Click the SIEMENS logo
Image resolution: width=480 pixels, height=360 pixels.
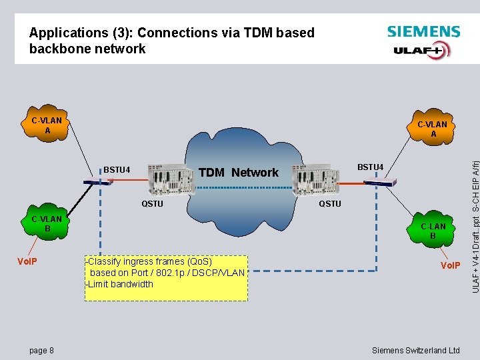click(x=423, y=31)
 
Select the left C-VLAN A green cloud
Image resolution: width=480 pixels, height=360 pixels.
click(x=47, y=126)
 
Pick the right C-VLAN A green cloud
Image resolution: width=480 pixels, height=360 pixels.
click(x=432, y=129)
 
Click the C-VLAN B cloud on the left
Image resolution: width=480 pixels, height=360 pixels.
click(x=47, y=224)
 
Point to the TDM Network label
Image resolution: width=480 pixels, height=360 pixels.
click(x=238, y=173)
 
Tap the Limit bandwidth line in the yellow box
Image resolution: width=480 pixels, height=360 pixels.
click(x=120, y=284)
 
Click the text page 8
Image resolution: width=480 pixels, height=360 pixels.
click(x=41, y=350)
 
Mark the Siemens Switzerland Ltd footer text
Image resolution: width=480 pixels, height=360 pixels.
click(x=415, y=350)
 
